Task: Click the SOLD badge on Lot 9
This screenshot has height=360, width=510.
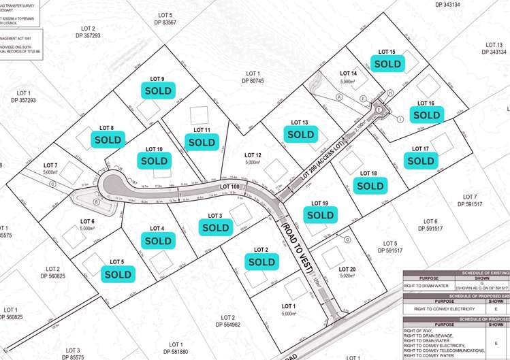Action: tap(158, 90)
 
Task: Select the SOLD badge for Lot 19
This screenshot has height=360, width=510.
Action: tap(321, 215)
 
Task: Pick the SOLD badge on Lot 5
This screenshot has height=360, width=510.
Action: tap(117, 275)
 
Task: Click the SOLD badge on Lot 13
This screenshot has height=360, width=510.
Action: tap(300, 135)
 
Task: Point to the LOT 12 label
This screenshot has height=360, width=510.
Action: tap(253, 154)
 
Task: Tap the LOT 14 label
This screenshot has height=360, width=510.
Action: tap(348, 73)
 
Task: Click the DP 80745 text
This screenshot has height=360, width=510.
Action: tap(253, 81)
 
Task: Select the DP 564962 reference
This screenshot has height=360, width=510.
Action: tap(227, 325)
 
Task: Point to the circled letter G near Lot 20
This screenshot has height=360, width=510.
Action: tap(348, 240)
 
